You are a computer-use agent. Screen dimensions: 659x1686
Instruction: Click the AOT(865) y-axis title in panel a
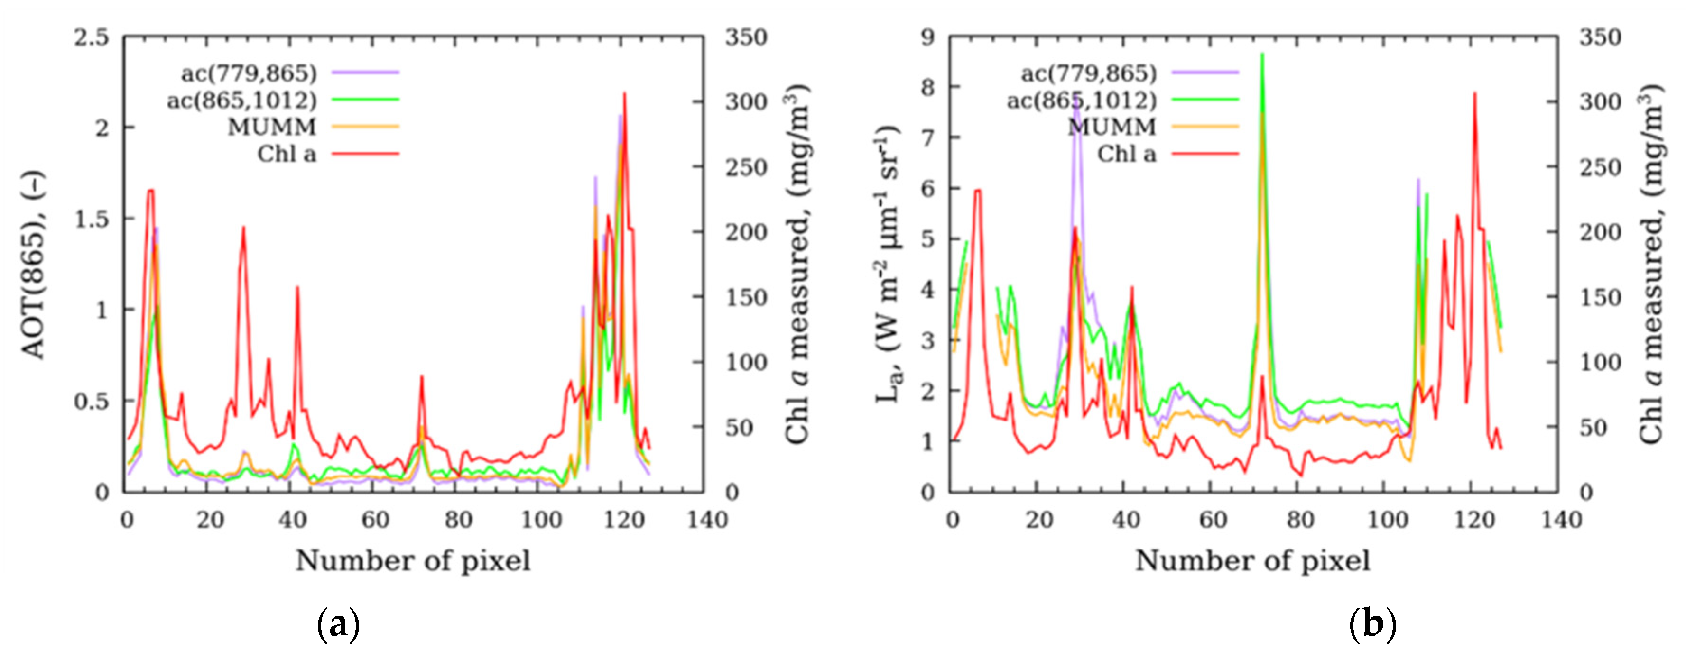34,265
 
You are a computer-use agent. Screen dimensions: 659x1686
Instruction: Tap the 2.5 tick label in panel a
91,38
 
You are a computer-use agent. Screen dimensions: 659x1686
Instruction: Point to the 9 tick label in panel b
928,38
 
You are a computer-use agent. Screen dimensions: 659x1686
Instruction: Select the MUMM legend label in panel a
272,127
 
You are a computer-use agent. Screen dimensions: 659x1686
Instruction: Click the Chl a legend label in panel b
1126,155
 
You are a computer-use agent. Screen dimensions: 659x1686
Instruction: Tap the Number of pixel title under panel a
413,561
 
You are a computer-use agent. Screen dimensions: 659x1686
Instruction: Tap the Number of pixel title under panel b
1253,561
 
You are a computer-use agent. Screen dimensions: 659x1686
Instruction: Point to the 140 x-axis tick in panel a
707,520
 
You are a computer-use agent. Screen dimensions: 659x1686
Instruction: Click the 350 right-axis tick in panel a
746,38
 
